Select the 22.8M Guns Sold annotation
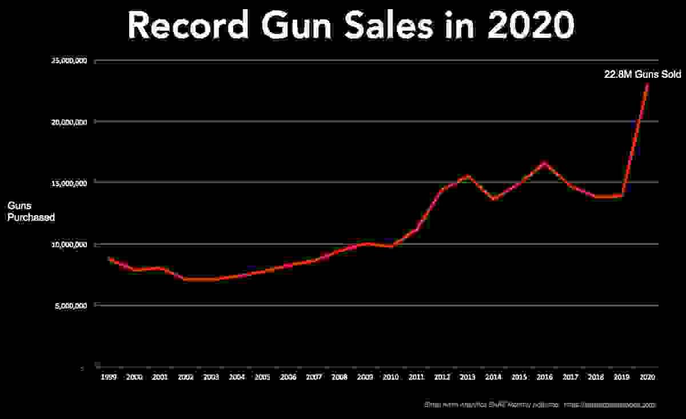coord(643,73)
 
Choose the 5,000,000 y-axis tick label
coord(70,306)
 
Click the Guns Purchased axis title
coord(31,211)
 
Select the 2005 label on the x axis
coord(262,377)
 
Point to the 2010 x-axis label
coord(390,377)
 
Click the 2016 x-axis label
coord(545,377)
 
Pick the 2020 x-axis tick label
coord(647,377)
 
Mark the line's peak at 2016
coord(544,163)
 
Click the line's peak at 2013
coord(468,176)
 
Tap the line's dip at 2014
coord(493,199)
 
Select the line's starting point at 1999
coord(108,258)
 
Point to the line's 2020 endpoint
coord(647,84)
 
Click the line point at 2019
coord(622,195)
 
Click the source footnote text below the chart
coord(540,405)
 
